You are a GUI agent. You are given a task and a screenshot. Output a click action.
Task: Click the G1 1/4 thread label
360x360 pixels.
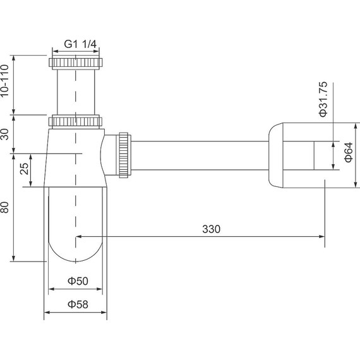coord(80,44)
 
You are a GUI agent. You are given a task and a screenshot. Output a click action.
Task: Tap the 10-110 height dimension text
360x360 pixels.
coord(4,81)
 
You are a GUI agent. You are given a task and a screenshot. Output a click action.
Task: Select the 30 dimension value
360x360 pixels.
coord(4,135)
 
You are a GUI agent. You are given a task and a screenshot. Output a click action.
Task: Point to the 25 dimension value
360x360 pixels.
coord(24,169)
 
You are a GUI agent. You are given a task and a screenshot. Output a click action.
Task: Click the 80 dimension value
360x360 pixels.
coord(4,207)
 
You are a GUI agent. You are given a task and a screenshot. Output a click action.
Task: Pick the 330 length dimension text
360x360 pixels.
coord(211,229)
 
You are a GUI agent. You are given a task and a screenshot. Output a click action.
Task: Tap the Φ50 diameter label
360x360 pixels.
coord(78,281)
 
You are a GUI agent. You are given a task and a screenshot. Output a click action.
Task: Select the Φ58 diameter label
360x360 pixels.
coord(78,304)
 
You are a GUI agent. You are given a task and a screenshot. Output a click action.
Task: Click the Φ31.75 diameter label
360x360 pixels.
coord(323,99)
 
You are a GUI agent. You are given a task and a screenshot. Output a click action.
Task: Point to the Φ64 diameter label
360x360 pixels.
coord(348,152)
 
